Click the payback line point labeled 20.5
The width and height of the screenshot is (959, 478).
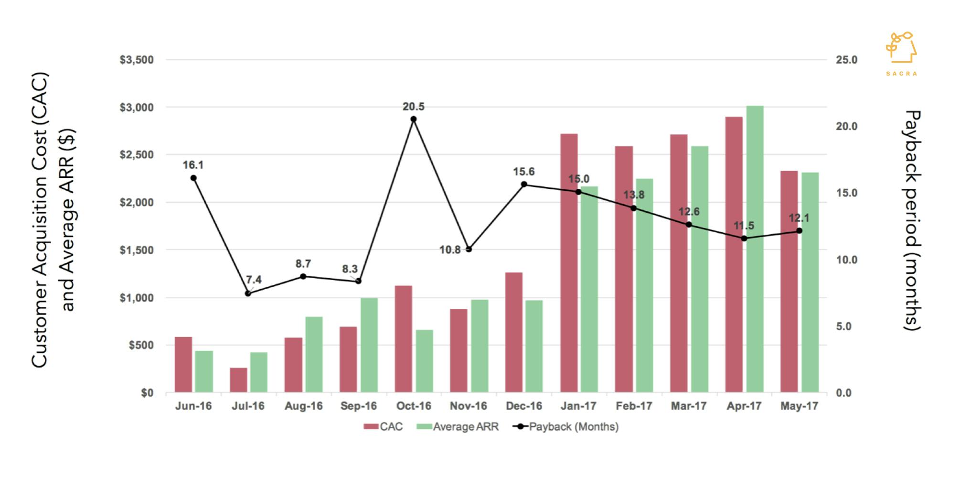pos(414,119)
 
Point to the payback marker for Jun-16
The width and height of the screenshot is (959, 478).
pos(193,178)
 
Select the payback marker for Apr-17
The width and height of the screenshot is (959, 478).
pos(744,238)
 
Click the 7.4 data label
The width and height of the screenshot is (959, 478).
pos(254,280)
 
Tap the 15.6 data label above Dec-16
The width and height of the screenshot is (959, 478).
pos(524,172)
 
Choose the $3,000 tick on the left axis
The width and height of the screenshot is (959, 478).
pos(137,108)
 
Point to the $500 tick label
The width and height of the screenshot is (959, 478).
pos(141,345)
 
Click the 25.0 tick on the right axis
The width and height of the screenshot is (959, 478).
pos(847,60)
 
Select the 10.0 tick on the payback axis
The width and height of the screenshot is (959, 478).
pos(847,260)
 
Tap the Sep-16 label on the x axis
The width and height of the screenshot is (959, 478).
pos(358,406)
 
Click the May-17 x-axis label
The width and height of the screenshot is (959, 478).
pos(799,406)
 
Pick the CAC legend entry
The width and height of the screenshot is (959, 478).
pos(383,427)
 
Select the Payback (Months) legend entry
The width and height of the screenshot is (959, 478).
pos(565,427)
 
